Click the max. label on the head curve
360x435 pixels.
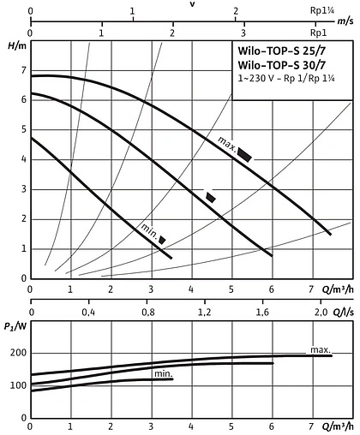225,141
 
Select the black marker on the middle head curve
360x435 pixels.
211,197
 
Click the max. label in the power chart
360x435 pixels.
320,349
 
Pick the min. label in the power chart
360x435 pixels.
163,374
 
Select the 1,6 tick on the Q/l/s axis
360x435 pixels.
261,313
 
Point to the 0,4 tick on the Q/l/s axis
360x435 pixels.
88,313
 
